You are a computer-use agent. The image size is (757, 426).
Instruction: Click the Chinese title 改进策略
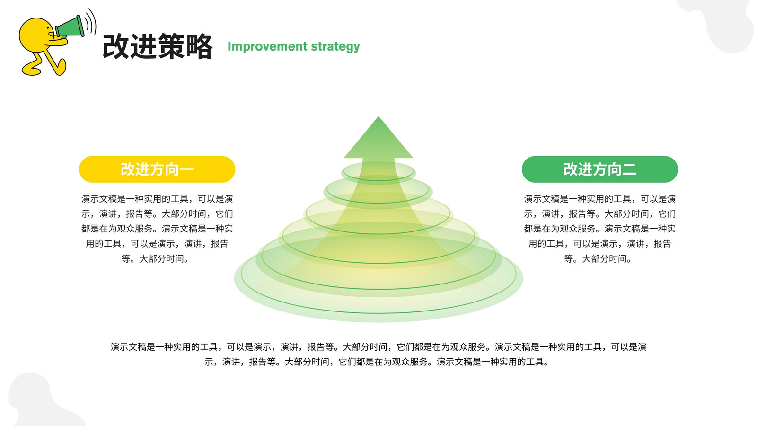[x=158, y=46]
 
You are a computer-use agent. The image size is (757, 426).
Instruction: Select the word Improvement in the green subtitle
[x=267, y=46]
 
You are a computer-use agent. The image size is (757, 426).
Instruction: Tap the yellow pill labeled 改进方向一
[x=157, y=169]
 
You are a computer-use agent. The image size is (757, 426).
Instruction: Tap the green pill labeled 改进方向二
[x=600, y=169]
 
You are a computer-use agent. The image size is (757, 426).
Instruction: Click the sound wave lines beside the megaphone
[x=90, y=22]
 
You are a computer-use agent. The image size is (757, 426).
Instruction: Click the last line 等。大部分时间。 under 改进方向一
[x=156, y=259]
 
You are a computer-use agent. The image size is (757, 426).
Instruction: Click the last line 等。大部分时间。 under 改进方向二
[x=598, y=259]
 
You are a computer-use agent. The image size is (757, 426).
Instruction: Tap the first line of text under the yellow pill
[x=157, y=199]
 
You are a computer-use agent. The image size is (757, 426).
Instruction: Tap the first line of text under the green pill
[x=600, y=199]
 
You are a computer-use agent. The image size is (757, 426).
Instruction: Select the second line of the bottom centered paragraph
[x=377, y=362]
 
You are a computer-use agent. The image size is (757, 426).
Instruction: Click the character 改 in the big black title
[x=116, y=46]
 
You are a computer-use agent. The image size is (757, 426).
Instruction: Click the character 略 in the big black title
[x=199, y=46]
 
